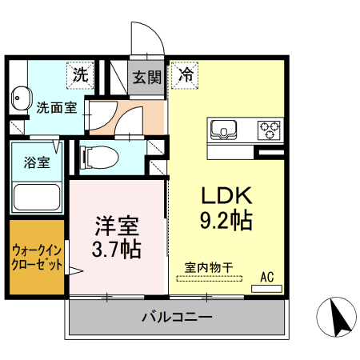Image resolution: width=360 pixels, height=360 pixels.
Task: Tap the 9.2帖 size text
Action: point(226,220)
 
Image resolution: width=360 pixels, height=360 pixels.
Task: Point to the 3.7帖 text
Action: point(116,249)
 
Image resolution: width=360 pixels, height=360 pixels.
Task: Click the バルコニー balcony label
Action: point(177,317)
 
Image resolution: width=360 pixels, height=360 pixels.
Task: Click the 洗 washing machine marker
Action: point(80,76)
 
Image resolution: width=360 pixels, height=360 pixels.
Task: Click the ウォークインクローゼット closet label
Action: point(37,258)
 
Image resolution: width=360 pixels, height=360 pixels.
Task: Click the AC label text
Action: point(266,277)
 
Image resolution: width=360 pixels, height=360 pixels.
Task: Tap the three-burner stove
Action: point(269,129)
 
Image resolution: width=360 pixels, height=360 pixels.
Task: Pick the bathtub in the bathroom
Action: point(37,197)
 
